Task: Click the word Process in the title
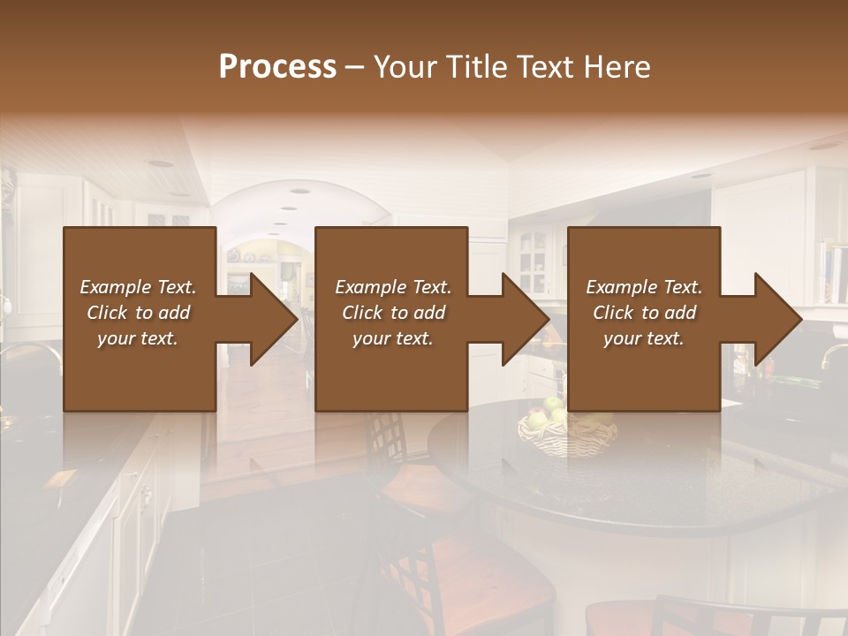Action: pyautogui.click(x=277, y=67)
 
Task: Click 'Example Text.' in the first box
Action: pyautogui.click(x=138, y=287)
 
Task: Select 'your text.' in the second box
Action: pyautogui.click(x=392, y=338)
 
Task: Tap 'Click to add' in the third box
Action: pyautogui.click(x=644, y=313)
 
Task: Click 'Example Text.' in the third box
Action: pyautogui.click(x=644, y=287)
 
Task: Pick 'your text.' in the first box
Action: pyautogui.click(x=138, y=338)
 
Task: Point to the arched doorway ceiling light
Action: pyautogui.click(x=299, y=191)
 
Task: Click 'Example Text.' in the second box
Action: pyautogui.click(x=392, y=287)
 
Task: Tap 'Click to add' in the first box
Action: pyautogui.click(x=138, y=313)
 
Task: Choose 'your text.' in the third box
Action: pyautogui.click(x=644, y=338)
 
